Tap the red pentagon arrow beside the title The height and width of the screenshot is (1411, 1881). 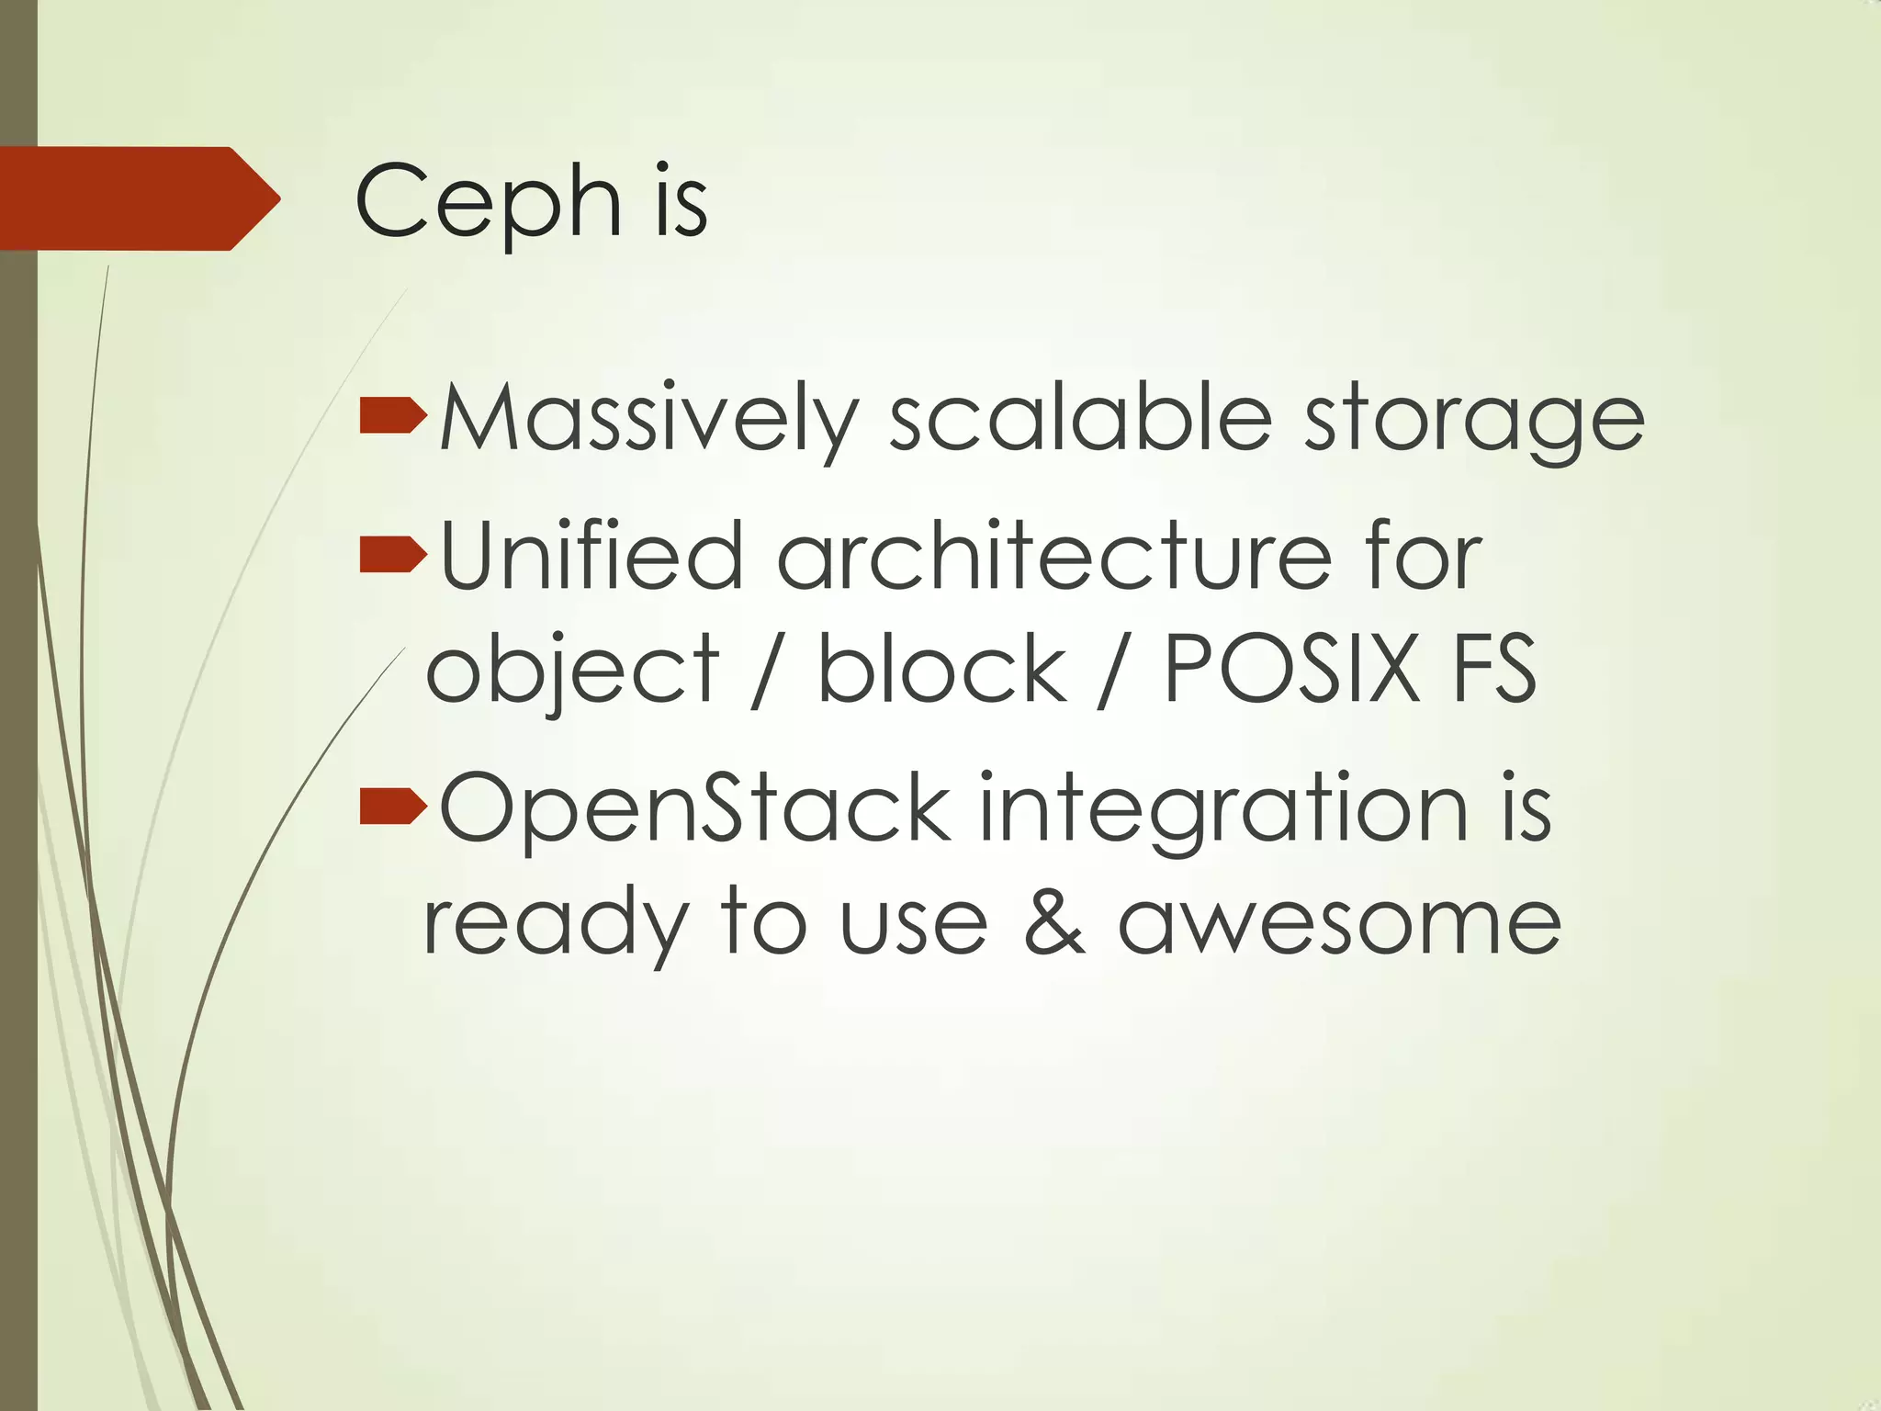point(138,198)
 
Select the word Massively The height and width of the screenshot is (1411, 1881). point(649,420)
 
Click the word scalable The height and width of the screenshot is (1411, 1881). point(1080,418)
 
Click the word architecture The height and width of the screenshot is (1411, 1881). point(1054,555)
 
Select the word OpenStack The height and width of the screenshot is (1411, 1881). point(695,808)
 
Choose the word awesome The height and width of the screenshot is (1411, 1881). point(1339,923)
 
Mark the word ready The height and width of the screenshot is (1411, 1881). point(556,923)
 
